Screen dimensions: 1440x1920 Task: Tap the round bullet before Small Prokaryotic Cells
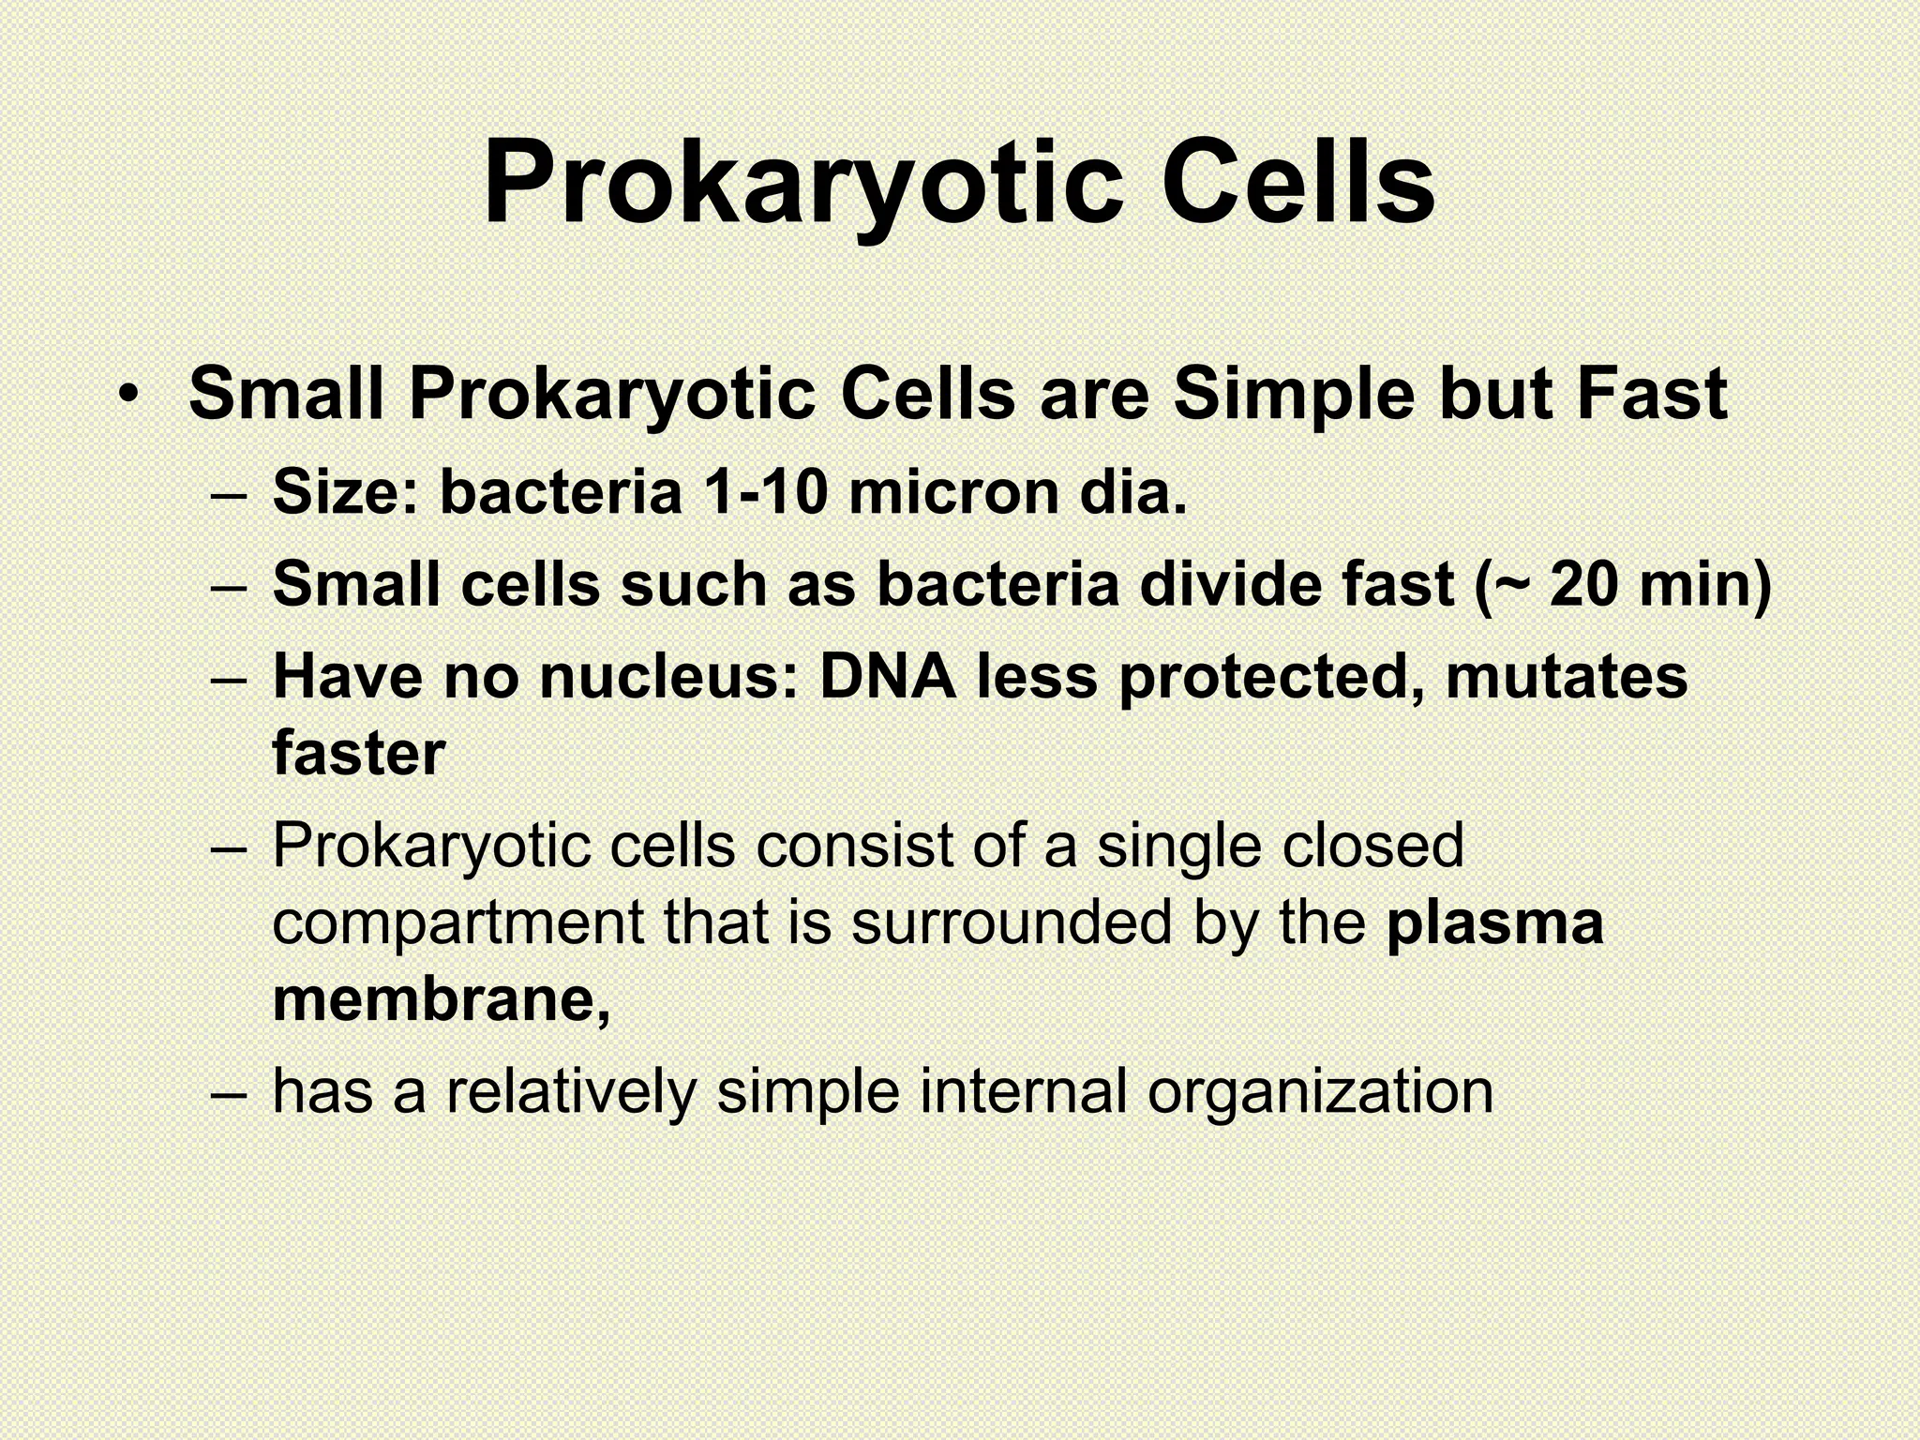130,394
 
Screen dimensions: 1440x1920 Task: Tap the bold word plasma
1495,924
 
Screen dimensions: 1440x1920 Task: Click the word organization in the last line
1320,1091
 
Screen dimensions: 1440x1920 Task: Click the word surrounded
1012,922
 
